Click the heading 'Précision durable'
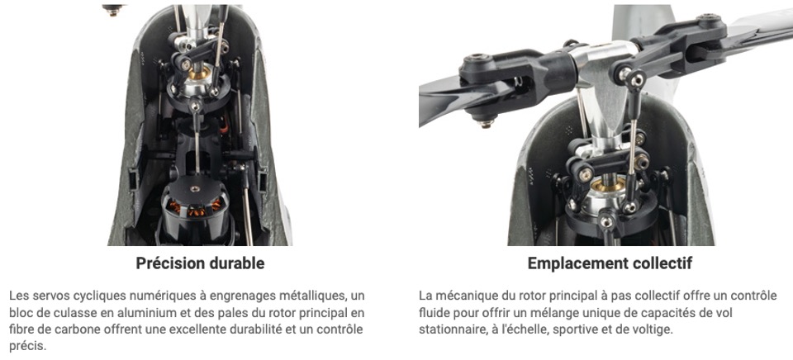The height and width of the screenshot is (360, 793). [x=200, y=263]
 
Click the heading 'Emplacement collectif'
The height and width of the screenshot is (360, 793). [x=610, y=263]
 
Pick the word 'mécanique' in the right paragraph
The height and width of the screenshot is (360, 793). [x=461, y=296]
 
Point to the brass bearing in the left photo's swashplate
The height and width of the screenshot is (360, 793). [x=199, y=73]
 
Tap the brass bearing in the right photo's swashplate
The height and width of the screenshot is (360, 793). [x=608, y=186]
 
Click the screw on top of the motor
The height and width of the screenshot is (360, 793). [x=195, y=188]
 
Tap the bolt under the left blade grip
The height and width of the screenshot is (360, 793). [x=486, y=122]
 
